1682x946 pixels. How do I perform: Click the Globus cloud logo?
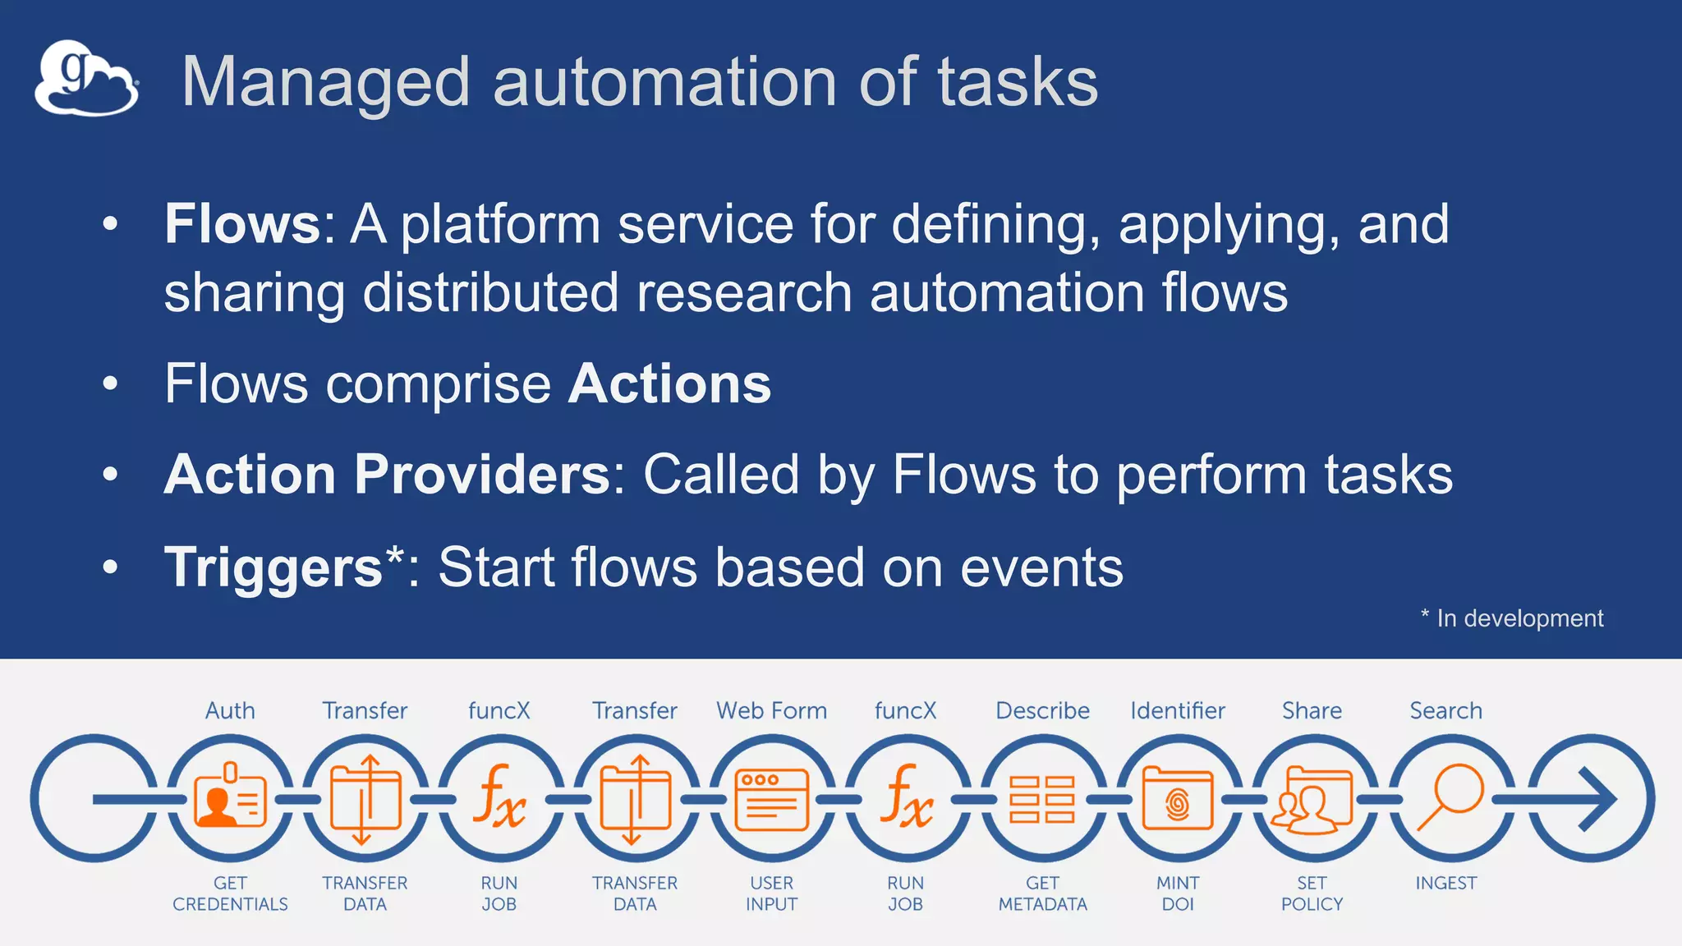click(86, 80)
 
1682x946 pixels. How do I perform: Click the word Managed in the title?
click(325, 82)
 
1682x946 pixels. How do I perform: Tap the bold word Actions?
click(669, 383)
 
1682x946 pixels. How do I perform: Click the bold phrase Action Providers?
click(387, 475)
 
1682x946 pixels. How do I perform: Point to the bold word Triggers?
click(273, 567)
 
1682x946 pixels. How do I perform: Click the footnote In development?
click(1519, 618)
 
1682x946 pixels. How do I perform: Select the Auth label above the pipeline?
click(230, 710)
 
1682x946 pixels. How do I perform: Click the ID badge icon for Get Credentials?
click(230, 797)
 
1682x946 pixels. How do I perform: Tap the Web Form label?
click(771, 710)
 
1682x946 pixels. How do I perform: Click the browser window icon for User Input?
click(771, 799)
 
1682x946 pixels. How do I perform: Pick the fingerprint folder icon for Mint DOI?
click(1178, 799)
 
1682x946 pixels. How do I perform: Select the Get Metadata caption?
click(1042, 893)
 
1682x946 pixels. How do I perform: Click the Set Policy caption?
click(1312, 893)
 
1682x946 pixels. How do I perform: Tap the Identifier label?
click(1178, 710)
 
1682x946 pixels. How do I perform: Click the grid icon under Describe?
click(1042, 799)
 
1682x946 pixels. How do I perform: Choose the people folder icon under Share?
click(1312, 799)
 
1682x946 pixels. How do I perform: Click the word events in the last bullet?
click(1041, 567)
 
